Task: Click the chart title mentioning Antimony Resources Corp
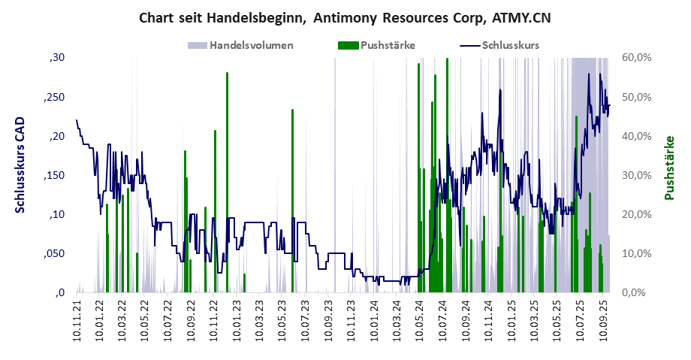345,18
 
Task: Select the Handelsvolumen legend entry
251,45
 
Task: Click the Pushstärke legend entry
388,45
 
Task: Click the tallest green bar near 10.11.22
227,180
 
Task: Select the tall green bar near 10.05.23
292,199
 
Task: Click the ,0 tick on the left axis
59,292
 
